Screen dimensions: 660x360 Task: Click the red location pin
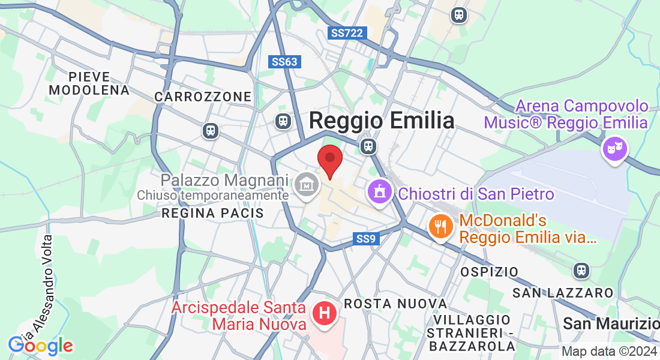tap(329, 160)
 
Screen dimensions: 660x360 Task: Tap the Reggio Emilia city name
tap(382, 121)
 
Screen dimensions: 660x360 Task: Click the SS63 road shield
tap(284, 62)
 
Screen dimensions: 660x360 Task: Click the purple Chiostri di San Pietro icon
tap(379, 193)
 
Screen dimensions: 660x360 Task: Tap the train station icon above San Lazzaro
tap(580, 270)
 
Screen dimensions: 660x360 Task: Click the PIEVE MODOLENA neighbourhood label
tap(89, 83)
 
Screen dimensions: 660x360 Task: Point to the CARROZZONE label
tap(203, 97)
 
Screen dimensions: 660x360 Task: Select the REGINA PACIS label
tap(213, 213)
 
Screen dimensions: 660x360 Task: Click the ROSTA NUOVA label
tap(395, 304)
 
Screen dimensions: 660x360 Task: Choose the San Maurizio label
tap(611, 324)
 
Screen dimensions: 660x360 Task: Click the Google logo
tap(40, 346)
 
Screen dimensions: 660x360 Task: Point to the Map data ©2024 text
tap(609, 352)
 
